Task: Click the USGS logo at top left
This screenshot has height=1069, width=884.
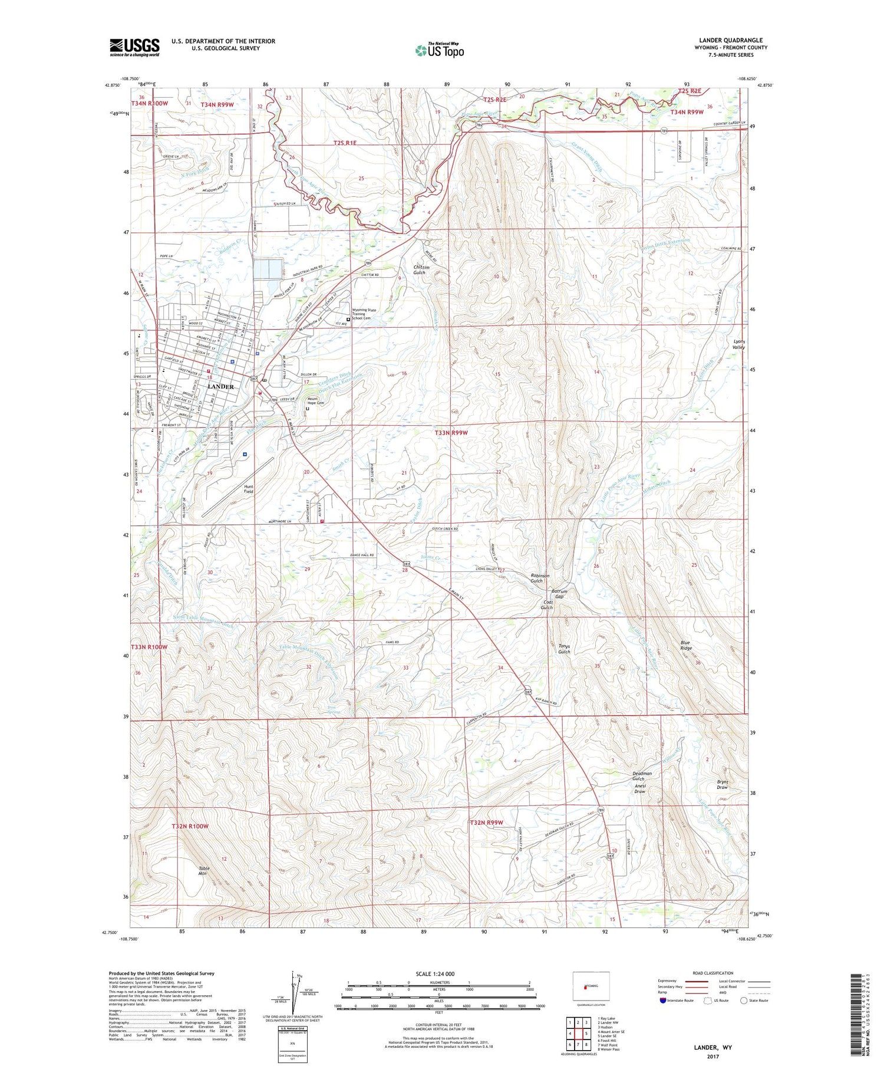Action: click(x=134, y=47)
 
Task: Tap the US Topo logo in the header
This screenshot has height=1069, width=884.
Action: click(x=439, y=50)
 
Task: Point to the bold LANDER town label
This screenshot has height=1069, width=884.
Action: click(x=221, y=387)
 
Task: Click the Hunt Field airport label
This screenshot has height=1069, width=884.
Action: click(x=249, y=489)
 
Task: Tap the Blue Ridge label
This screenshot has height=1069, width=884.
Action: click(x=686, y=645)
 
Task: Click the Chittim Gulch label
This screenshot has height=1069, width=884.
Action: click(x=420, y=269)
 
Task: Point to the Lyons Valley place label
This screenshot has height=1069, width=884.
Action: click(x=739, y=344)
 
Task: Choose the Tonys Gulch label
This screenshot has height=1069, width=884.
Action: click(x=564, y=649)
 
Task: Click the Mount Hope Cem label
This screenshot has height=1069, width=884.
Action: click(x=316, y=401)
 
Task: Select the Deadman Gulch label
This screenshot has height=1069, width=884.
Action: click(x=642, y=775)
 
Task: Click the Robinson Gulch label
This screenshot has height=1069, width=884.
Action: click(x=540, y=578)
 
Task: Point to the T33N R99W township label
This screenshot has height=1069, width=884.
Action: click(x=451, y=432)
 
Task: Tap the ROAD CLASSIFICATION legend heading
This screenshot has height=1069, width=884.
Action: click(x=713, y=973)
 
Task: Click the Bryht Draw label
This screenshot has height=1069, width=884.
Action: click(x=723, y=784)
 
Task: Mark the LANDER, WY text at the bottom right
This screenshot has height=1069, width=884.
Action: click(x=713, y=1047)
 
